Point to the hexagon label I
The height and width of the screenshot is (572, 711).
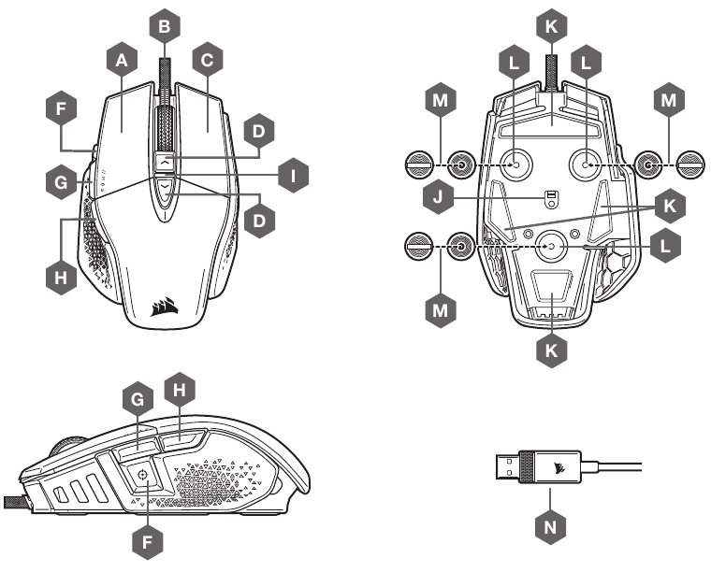point(294,175)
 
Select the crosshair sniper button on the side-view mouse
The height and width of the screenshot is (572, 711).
point(141,475)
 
